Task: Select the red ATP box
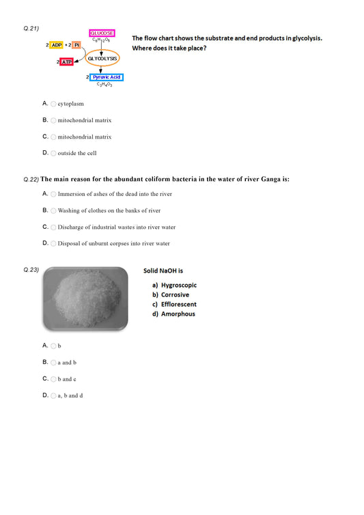coord(67,62)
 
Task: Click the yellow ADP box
coord(57,44)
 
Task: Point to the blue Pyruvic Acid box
coord(106,77)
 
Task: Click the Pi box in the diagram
coord(76,44)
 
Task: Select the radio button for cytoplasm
coord(53,104)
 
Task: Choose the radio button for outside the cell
coord(53,153)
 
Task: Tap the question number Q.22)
coord(31,180)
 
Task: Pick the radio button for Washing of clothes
coord(53,211)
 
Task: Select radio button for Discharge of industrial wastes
coord(53,227)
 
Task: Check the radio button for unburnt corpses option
coord(53,244)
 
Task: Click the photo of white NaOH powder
coord(85,299)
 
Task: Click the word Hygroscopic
coord(179,285)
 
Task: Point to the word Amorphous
coord(178,314)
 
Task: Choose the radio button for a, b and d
coord(53,395)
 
